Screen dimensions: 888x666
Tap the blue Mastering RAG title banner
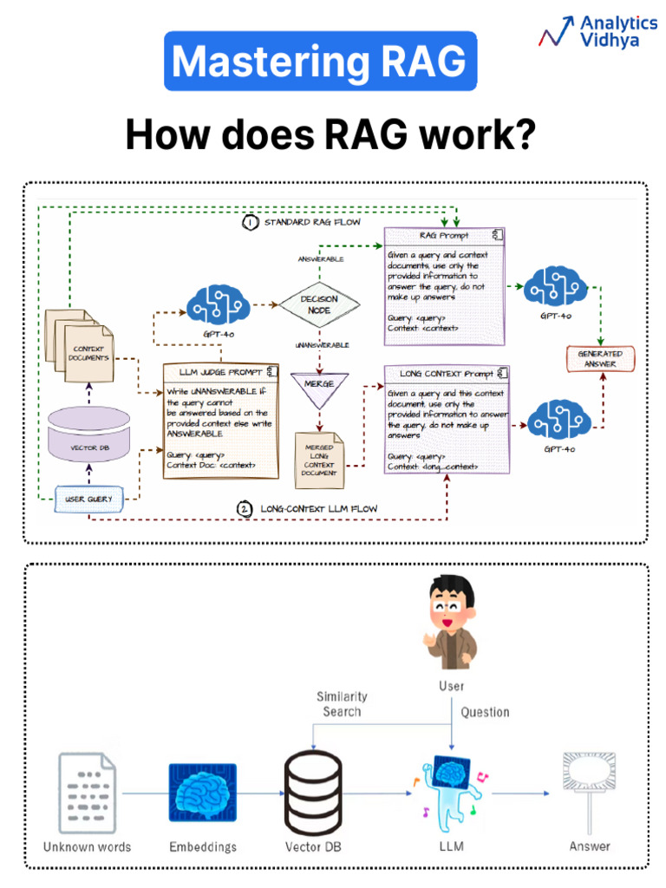[320, 62]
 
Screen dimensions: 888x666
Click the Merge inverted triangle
[319, 388]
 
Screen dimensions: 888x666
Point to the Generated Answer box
[600, 358]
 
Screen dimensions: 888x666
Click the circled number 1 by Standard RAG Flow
[250, 223]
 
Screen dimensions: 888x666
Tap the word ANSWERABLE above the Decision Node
[320, 259]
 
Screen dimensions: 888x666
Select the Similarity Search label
[341, 703]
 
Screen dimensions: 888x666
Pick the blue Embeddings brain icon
[203, 793]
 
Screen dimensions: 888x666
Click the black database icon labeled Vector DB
[313, 792]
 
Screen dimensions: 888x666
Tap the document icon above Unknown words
[87, 793]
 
